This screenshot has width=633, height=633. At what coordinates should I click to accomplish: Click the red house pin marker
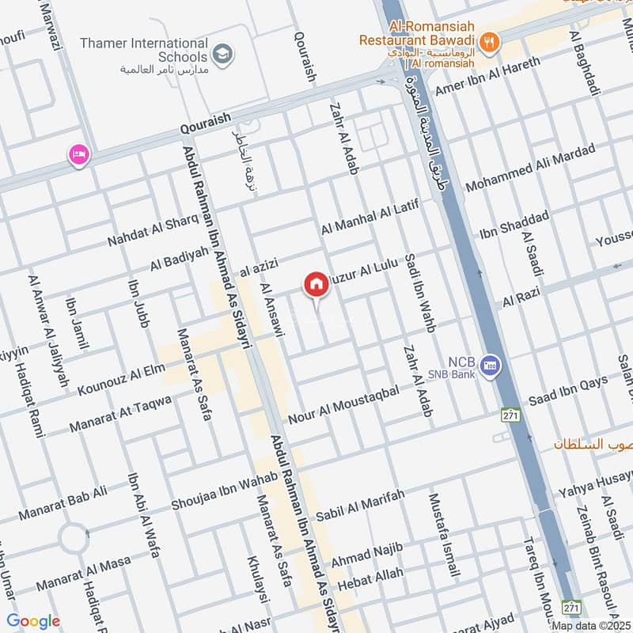click(x=316, y=284)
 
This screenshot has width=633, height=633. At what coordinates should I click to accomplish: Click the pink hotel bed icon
click(x=78, y=154)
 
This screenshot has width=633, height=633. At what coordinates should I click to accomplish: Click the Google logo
click(x=33, y=621)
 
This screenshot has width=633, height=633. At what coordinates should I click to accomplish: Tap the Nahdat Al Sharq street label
click(x=153, y=229)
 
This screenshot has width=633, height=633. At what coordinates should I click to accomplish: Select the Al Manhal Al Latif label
click(x=368, y=217)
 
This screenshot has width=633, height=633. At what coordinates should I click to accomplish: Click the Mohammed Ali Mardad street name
click(x=529, y=169)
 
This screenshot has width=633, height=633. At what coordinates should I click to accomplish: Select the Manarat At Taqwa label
click(x=120, y=413)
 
